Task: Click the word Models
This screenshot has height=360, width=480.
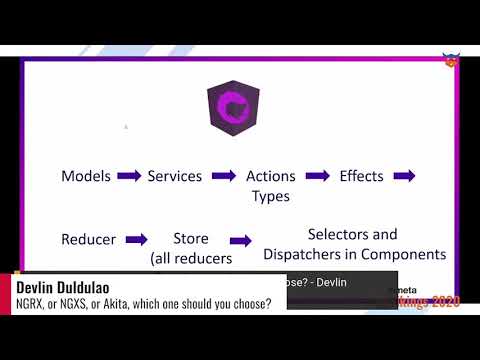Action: pos(86,176)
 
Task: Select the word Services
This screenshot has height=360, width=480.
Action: pos(175,176)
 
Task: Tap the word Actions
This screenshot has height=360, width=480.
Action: pos(270,176)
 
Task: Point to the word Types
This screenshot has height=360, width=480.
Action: pos(270,196)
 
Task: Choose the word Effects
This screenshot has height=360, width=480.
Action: pos(361,176)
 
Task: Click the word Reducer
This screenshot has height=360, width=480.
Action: pos(89,240)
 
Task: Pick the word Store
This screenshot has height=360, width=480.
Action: pos(191,239)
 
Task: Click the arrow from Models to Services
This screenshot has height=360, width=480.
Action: pos(129,176)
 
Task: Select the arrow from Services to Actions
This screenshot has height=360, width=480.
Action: pos(224,176)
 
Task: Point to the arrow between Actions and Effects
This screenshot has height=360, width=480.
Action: pos(317,176)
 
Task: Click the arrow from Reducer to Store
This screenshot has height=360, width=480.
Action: pos(137,240)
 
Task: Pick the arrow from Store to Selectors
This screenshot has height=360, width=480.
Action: pos(241,241)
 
